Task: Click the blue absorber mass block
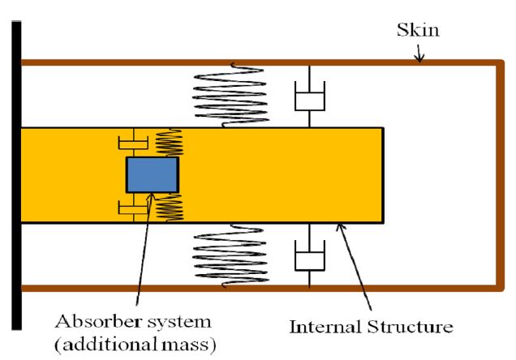[x=152, y=174]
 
